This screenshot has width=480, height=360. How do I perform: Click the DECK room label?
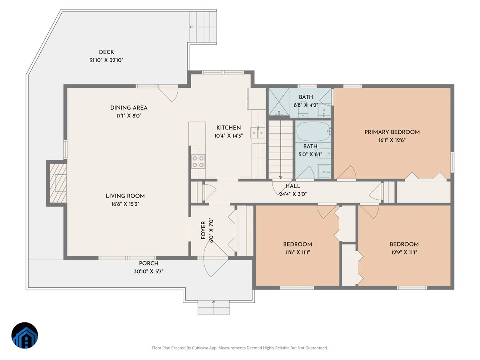click(106, 52)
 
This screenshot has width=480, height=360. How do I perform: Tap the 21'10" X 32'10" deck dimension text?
click(106, 60)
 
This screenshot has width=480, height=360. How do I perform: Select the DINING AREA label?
click(129, 108)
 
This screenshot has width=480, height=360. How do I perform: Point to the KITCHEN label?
click(228, 128)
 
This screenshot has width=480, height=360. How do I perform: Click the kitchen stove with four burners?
click(198, 162)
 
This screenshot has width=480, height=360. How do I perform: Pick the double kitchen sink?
click(258, 133)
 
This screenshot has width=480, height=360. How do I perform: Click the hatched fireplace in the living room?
click(58, 183)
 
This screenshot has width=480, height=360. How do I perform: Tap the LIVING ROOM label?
click(125, 196)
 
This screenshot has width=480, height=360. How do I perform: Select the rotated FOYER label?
click(203, 230)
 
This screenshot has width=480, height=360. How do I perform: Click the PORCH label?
click(148, 263)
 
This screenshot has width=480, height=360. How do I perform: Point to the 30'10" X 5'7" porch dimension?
click(149, 272)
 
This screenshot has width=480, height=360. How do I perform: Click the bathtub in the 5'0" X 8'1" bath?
click(313, 132)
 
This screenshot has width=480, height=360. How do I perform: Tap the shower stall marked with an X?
click(278, 102)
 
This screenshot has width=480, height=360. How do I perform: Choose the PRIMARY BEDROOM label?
click(392, 132)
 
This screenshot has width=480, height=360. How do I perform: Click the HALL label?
click(293, 186)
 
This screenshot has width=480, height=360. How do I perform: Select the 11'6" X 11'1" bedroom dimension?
click(298, 252)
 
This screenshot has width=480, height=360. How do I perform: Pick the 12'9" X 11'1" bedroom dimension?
click(404, 252)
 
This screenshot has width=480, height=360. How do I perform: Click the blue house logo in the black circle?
click(25, 335)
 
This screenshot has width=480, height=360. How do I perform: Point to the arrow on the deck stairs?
click(203, 27)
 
